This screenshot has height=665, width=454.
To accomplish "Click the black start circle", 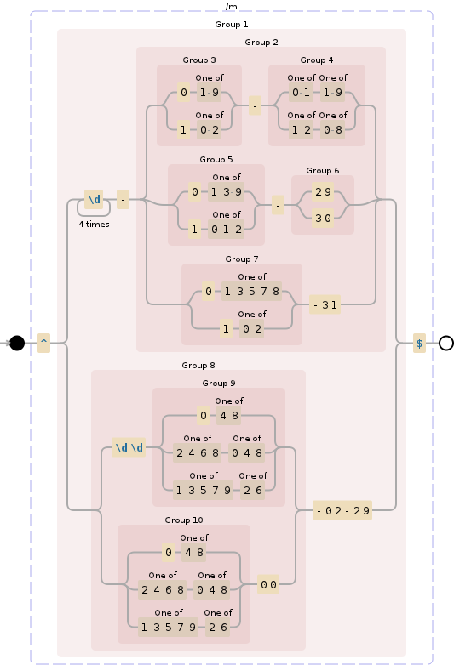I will tap(17, 344).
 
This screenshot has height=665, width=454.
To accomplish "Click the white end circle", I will tap(445, 344).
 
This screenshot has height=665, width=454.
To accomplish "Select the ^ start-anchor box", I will tap(43, 344).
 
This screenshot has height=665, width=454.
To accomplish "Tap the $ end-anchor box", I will tap(419, 344).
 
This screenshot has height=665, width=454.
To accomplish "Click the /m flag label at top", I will tap(232, 6).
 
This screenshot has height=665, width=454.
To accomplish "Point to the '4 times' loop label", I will tap(94, 225).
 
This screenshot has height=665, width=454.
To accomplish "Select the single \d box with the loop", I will tap(95, 201).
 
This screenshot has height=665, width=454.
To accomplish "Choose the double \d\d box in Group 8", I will tap(129, 447).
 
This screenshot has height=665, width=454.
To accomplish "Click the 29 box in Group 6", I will tap(322, 192).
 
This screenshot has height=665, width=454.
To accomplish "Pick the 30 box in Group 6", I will tap(322, 218).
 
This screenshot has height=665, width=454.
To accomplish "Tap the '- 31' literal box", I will tap(325, 304).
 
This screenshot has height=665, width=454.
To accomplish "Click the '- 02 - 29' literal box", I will tap(342, 510).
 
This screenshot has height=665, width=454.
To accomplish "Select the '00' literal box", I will tap(268, 584).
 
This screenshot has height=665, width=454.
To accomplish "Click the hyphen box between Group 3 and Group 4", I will tap(255, 105).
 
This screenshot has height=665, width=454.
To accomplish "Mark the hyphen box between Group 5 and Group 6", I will tap(278, 205).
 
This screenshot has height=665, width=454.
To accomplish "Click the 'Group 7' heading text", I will tap(242, 259).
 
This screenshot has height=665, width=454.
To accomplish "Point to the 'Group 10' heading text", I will tap(183, 520).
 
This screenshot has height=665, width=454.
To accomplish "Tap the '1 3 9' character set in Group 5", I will tap(226, 192).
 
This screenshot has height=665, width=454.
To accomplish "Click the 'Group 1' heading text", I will tap(232, 24).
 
